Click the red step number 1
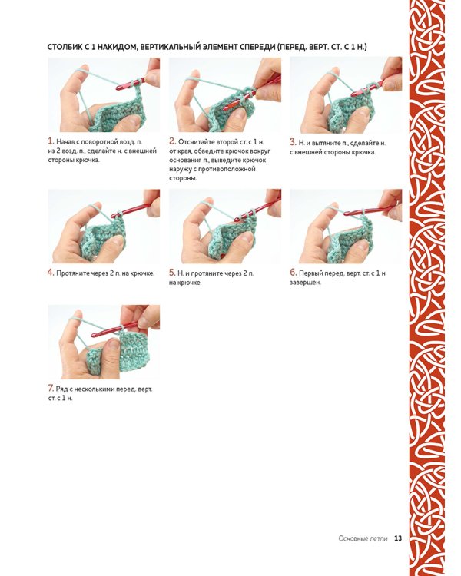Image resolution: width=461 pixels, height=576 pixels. (51, 141)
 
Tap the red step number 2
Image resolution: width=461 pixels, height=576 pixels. (172, 141)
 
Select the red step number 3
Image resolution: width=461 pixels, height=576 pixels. (293, 142)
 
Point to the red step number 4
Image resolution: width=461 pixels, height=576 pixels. (51, 273)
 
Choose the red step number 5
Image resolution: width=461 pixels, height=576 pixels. (172, 273)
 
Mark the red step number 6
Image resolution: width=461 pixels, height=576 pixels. (293, 273)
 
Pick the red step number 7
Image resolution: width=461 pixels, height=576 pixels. (51, 389)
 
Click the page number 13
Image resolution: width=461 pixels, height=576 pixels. (398, 538)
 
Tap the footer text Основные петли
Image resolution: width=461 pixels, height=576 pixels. (363, 538)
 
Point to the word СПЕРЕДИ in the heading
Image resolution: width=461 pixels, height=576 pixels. (257, 47)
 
